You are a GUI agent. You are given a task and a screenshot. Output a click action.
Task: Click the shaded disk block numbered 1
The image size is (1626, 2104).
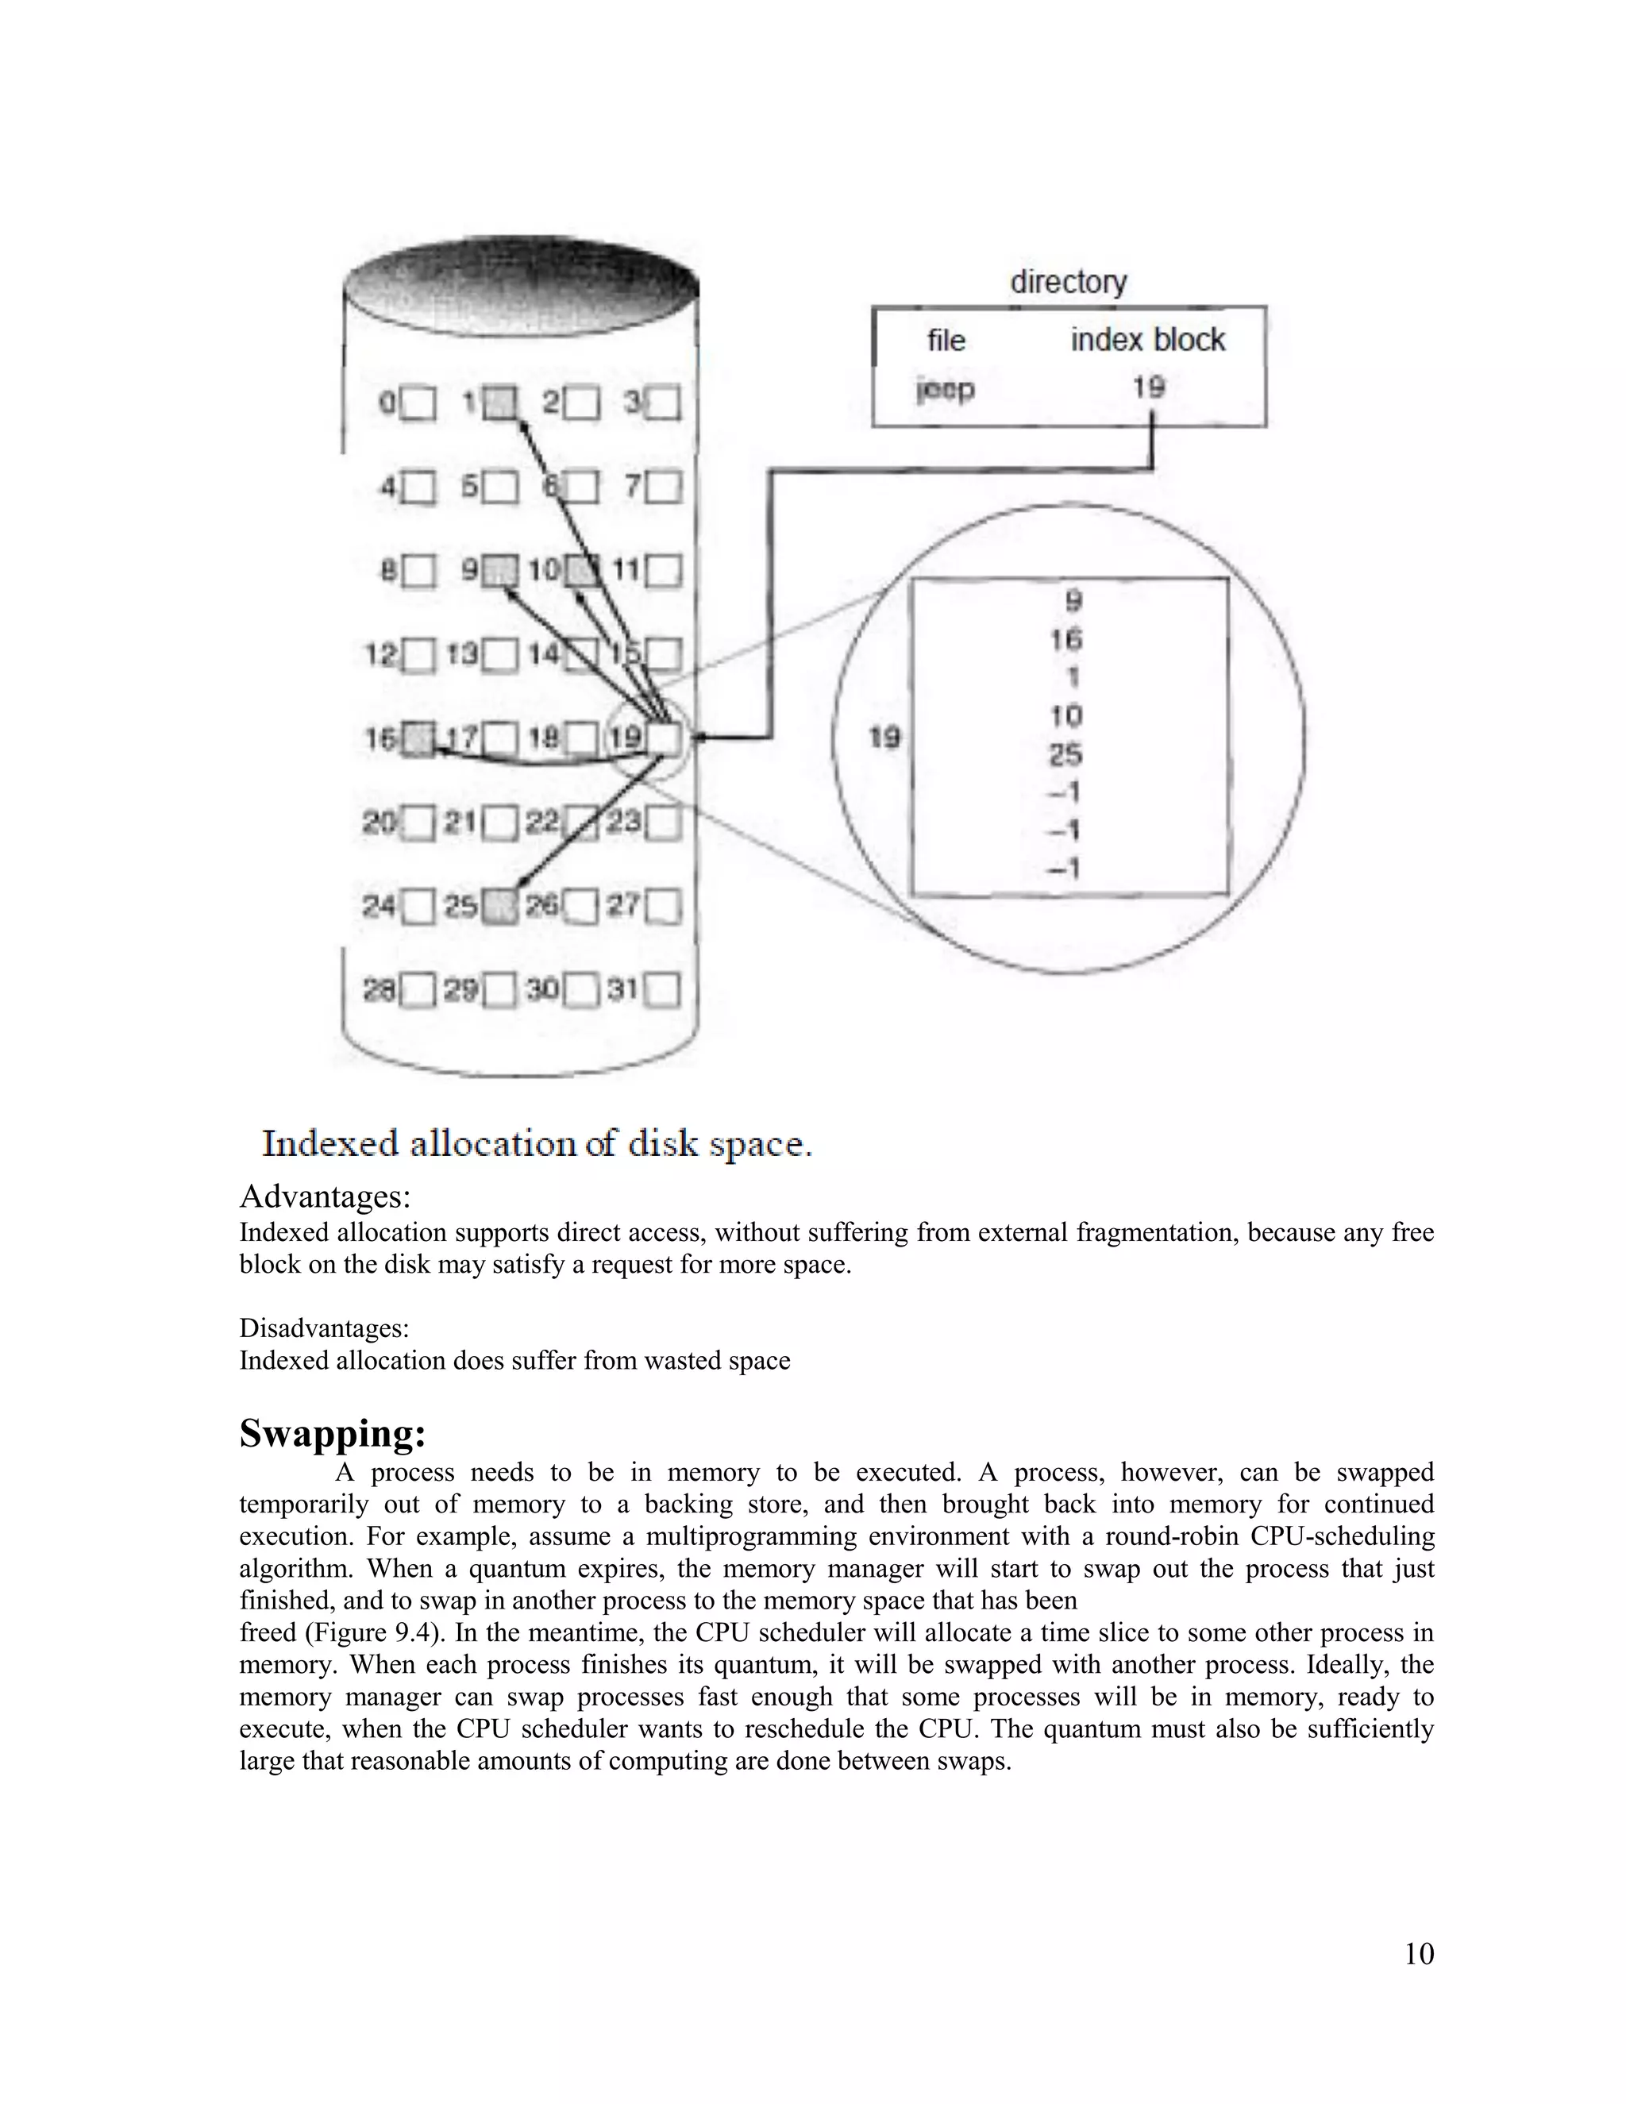(x=499, y=402)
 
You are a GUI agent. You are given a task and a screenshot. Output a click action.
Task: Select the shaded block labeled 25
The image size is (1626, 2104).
(x=499, y=907)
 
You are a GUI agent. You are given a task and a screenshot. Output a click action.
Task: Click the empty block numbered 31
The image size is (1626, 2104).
(x=664, y=989)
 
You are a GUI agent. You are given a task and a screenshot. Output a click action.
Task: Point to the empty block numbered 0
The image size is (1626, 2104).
(x=419, y=402)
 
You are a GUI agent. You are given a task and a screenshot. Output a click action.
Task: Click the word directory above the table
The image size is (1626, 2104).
(x=1067, y=283)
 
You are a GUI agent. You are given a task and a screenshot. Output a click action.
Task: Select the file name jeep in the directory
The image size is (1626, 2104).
(x=945, y=389)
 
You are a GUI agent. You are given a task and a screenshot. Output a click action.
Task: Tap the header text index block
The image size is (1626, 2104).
(x=1147, y=340)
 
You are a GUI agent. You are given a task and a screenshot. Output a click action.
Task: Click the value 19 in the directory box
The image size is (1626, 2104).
(x=1148, y=387)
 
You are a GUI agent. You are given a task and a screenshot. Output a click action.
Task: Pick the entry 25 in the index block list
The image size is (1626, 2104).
(x=1065, y=754)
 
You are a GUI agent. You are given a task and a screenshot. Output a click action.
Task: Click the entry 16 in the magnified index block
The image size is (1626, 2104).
(x=1065, y=638)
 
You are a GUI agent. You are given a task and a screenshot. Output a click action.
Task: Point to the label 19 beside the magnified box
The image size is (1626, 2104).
(x=884, y=738)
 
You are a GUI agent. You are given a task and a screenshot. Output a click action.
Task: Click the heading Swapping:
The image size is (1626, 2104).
(x=333, y=1433)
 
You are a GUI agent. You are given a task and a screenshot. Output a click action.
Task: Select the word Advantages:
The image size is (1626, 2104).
(x=325, y=1197)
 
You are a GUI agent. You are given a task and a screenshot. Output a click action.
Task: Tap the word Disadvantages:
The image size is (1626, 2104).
(x=324, y=1328)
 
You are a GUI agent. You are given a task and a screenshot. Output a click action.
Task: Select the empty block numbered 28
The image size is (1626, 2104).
(x=419, y=989)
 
